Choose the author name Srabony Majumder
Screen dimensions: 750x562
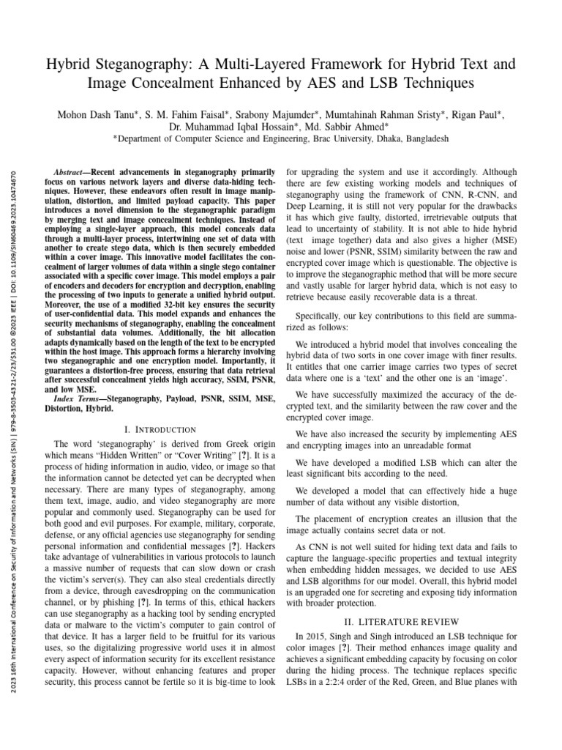261,115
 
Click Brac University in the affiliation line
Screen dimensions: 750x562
337,138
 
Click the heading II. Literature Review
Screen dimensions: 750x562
401,621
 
